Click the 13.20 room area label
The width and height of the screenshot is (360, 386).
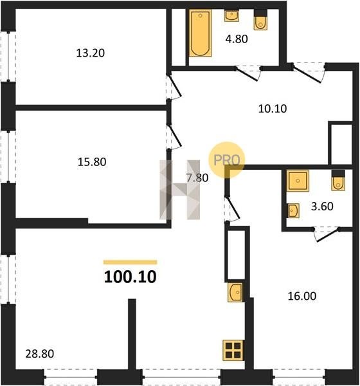pyautogui.click(x=90, y=53)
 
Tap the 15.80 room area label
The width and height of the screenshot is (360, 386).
pyautogui.click(x=92, y=162)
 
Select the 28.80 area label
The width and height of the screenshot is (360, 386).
pyautogui.click(x=40, y=354)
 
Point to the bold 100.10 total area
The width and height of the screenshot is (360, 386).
pyautogui.click(x=130, y=277)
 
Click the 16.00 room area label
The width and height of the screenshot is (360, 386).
pyautogui.click(x=302, y=296)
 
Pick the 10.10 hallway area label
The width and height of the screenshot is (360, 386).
pyautogui.click(x=273, y=109)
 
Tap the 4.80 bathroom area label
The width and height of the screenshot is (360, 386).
pyautogui.click(x=237, y=39)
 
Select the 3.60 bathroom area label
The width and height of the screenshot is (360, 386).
pyautogui.click(x=322, y=207)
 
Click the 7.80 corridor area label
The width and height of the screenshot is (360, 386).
pyautogui.click(x=197, y=178)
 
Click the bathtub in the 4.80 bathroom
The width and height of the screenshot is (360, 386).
pyautogui.click(x=201, y=33)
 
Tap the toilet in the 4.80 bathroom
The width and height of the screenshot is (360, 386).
pyautogui.click(x=260, y=20)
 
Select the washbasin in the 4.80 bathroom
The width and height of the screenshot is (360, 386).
pyautogui.click(x=231, y=15)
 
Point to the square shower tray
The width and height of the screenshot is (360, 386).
pyautogui.click(x=298, y=181)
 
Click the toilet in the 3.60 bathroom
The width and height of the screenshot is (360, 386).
pyautogui.click(x=338, y=180)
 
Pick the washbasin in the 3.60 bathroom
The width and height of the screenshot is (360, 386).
pyautogui.click(x=293, y=211)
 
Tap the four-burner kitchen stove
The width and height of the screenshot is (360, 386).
pyautogui.click(x=233, y=351)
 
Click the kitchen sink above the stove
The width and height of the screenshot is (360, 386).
pyautogui.click(x=235, y=292)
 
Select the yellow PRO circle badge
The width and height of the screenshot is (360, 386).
pyautogui.click(x=227, y=160)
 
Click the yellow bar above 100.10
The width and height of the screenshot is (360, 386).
pyautogui.click(x=130, y=262)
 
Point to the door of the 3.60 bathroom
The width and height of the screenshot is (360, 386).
pyautogui.click(x=328, y=235)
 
